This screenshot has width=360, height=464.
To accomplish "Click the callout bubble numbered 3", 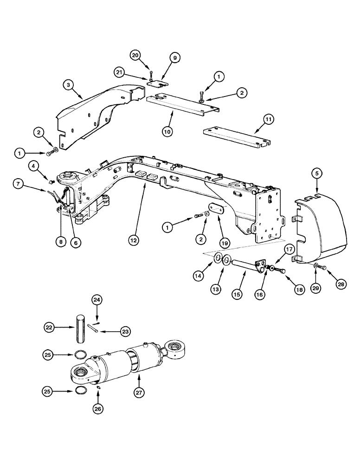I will tap(68, 85).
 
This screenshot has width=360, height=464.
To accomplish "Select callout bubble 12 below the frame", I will tap(134, 240).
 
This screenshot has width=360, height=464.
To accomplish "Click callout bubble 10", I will tap(167, 131).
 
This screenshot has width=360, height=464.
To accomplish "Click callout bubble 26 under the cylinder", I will tap(98, 409).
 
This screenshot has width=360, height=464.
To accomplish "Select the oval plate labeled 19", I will tap(216, 210).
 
